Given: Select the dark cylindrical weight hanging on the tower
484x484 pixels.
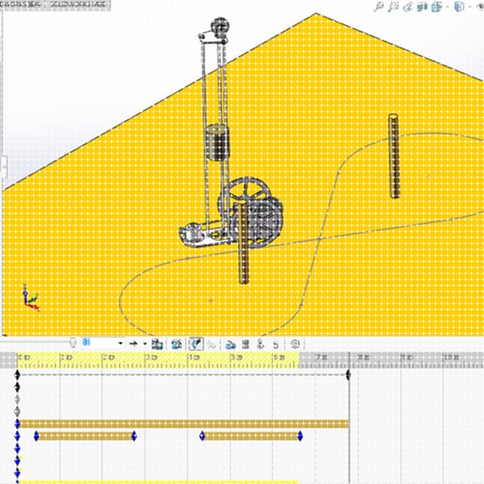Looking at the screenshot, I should (219, 144).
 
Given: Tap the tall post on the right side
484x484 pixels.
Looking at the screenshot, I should (394, 155).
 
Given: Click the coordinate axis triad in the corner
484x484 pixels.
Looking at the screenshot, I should (30, 299).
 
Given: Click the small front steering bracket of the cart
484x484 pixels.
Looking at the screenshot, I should (193, 232).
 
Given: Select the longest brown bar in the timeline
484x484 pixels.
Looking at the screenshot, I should (184, 423).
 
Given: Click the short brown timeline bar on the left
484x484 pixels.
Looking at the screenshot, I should (85, 437).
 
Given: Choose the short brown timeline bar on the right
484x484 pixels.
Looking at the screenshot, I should (252, 437).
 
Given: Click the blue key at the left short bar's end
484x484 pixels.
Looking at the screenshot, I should (135, 437).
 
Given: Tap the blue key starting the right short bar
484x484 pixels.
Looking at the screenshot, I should (201, 437).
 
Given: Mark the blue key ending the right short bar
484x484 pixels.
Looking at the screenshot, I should (303, 437).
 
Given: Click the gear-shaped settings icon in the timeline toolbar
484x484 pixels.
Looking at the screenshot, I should (294, 343).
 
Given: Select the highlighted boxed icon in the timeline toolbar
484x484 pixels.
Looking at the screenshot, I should (196, 343).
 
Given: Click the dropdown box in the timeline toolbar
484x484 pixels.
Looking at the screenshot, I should (102, 343).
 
